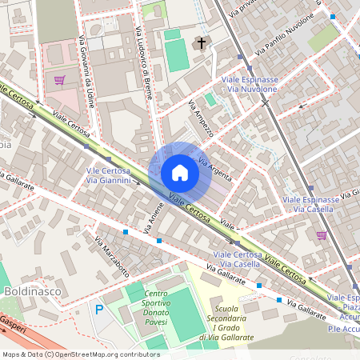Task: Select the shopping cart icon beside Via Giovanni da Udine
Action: coord(59,80)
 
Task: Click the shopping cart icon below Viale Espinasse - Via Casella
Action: coord(322,235)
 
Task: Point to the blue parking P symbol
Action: coord(99,310)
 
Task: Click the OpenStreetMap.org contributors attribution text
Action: coord(104,354)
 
